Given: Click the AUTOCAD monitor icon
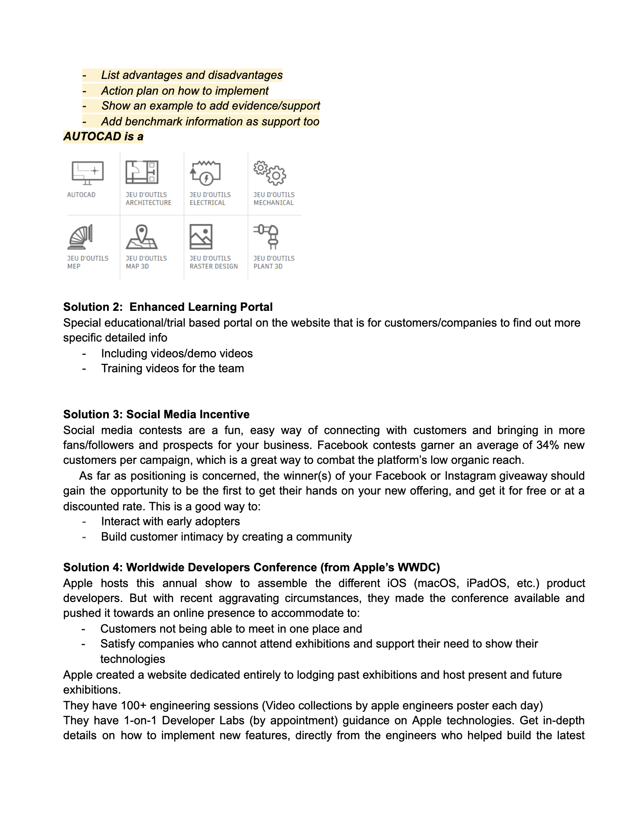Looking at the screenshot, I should pos(88,173).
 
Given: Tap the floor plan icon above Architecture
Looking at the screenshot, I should pos(142,172).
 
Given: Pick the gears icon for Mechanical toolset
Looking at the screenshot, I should pos(270,172).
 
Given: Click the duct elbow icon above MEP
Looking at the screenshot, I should pos(80,237).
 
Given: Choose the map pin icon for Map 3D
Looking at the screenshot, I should pos(142,237).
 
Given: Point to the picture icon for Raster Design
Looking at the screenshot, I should pos(201,237).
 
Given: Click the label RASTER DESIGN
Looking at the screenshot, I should pos(214,266).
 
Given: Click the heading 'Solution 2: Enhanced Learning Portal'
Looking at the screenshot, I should pos(168,307).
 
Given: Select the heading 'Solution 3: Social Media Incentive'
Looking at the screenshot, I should pos(156,414).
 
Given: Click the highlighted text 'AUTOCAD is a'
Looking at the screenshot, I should pos(104,136).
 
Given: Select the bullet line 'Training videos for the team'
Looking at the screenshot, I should pos(172,368).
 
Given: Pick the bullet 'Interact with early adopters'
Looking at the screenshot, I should pos(170,521).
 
